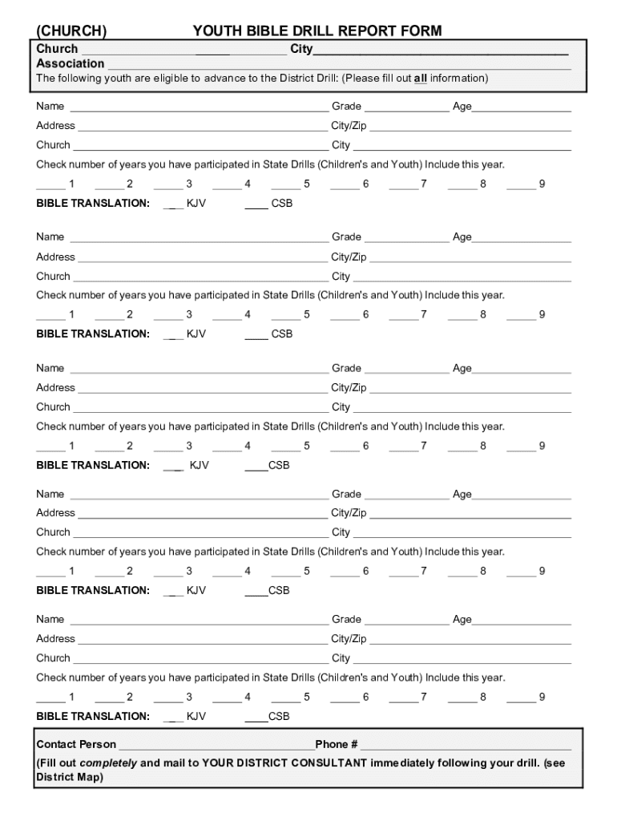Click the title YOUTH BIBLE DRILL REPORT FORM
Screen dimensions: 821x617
point(317,31)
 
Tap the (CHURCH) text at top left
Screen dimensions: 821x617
point(72,31)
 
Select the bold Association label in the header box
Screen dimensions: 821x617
point(70,63)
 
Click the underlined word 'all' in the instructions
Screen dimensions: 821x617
point(420,79)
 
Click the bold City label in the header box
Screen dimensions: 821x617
point(300,50)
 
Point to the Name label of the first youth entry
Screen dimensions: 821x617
point(50,107)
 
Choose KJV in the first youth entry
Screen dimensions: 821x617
point(196,204)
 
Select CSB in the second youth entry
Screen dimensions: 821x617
point(282,334)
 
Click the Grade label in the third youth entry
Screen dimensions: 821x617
point(346,368)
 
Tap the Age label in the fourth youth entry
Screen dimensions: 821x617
point(462,495)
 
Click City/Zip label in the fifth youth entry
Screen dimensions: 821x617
point(349,639)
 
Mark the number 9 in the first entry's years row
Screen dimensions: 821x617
point(542,184)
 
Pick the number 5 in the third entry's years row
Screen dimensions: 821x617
point(306,446)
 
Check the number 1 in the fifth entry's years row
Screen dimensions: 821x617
point(72,698)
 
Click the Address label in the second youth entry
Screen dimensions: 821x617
point(55,257)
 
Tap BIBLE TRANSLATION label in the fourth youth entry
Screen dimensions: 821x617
point(93,591)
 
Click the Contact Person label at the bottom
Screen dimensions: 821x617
point(76,745)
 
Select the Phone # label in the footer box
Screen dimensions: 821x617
point(336,745)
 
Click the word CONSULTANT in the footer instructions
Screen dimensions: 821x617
point(324,763)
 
